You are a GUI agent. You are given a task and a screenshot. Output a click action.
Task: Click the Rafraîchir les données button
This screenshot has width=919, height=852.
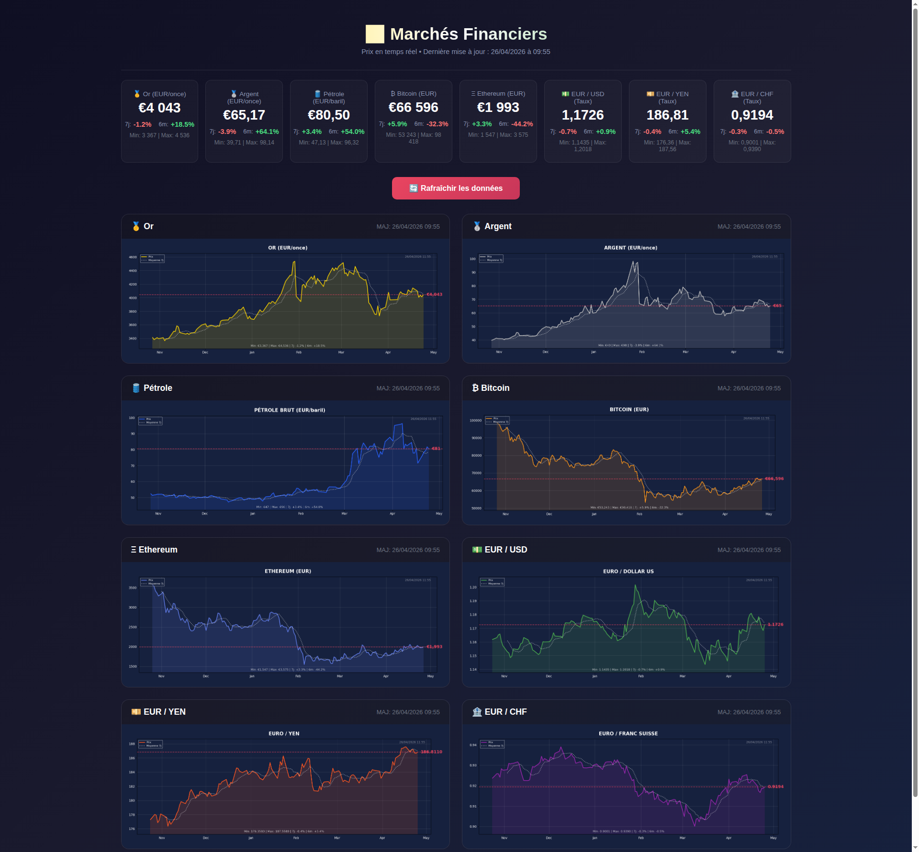[x=456, y=188]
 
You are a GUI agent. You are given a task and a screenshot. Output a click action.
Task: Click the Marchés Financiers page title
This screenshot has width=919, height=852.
[x=468, y=34]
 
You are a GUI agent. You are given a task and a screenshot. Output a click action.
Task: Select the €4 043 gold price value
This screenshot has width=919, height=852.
[x=159, y=108]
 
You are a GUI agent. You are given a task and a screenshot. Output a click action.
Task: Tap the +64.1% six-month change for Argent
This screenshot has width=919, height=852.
[x=267, y=132]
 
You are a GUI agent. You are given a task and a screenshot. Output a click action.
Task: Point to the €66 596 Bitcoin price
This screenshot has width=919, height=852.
[x=413, y=108]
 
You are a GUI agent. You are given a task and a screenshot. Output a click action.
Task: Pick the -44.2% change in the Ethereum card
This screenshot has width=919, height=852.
[x=522, y=124]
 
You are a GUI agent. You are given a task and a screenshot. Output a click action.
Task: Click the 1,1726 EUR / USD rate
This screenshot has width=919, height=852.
[x=583, y=115]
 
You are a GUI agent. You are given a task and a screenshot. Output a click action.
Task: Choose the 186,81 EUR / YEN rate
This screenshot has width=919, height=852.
[x=667, y=115]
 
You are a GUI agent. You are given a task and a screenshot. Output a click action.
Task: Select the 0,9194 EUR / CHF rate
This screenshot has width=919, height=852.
[x=752, y=115]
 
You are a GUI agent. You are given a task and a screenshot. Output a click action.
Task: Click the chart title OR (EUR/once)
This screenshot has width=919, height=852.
[x=288, y=248]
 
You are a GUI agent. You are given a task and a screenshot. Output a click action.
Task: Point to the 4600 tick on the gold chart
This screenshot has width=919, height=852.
[x=133, y=257]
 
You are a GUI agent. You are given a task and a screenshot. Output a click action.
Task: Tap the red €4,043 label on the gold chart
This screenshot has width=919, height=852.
[x=434, y=295]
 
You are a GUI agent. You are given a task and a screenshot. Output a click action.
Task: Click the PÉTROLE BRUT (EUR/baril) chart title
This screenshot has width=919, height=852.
[x=290, y=410]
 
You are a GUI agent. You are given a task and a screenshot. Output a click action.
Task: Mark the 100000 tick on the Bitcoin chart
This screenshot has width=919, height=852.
[x=476, y=421]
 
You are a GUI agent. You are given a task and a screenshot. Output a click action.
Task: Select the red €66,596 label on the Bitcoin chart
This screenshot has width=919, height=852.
[x=774, y=479]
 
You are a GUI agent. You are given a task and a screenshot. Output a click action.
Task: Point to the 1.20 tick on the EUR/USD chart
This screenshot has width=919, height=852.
[x=473, y=587]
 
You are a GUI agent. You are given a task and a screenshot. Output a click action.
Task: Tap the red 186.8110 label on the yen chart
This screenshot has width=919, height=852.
[x=431, y=752]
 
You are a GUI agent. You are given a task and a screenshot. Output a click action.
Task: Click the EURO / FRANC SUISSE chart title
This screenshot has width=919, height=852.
[x=628, y=733]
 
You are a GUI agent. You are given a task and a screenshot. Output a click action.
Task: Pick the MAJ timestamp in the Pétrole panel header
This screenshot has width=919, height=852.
[x=408, y=388]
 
